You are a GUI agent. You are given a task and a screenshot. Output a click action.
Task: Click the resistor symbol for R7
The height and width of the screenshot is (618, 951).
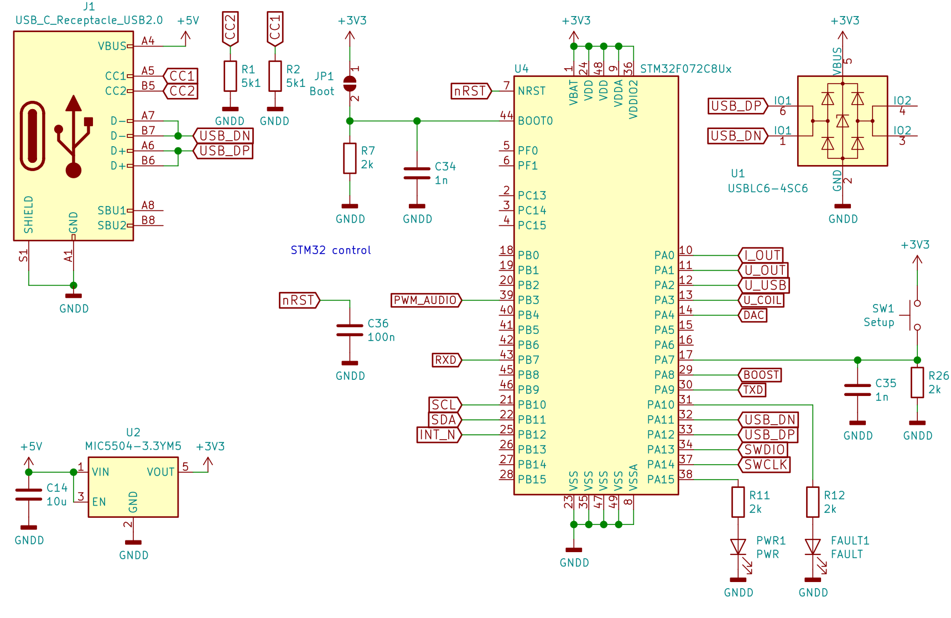[x=350, y=158]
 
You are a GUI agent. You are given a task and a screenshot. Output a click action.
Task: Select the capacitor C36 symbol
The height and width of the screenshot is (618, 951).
[x=350, y=331]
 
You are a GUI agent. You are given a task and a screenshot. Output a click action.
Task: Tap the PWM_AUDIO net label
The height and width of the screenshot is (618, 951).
[x=426, y=300]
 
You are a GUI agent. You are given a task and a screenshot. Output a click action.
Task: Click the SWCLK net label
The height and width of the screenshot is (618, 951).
[x=765, y=465]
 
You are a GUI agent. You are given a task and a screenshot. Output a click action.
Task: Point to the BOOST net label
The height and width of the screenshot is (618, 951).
[x=760, y=375]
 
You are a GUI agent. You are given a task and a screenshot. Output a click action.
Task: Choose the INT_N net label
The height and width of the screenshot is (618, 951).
[x=439, y=435]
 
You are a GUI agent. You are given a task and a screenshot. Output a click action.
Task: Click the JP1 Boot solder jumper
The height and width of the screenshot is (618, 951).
[x=350, y=84]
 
